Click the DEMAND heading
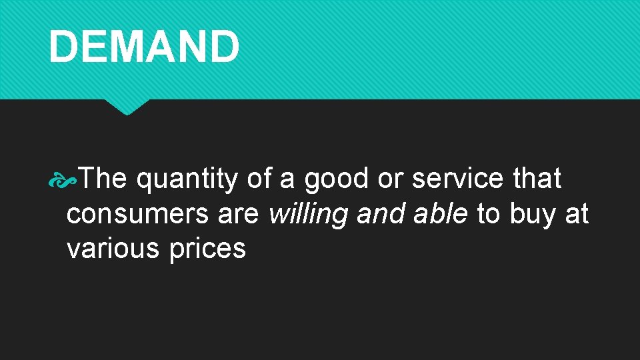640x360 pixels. pos(143,47)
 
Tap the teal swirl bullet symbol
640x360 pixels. pos(67,179)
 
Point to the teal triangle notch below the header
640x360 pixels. pos(127,106)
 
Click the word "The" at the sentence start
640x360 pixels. pos(104,179)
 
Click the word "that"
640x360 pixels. pos(537,179)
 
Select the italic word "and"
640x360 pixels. pos(379,214)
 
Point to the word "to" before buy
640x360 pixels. pos(489,214)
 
